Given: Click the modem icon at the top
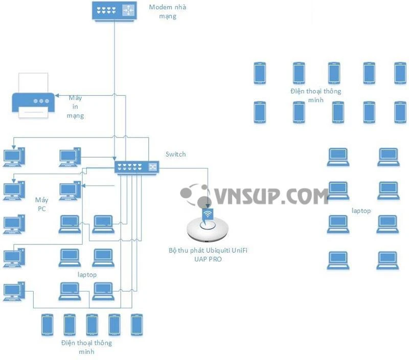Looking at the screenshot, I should point(114,11).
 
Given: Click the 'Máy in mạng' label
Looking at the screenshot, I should point(75,106).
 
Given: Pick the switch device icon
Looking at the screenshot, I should point(137,167).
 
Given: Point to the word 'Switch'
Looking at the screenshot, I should point(176,154).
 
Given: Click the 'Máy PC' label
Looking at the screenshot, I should point(41,204).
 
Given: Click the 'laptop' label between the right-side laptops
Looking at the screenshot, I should point(361,211).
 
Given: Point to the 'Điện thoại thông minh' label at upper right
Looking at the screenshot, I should point(315,95).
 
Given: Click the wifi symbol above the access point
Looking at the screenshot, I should point(208,214).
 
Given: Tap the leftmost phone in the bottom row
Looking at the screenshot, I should point(48,324).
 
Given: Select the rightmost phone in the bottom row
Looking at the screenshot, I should point(136,324).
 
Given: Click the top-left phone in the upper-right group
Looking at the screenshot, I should point(260,73).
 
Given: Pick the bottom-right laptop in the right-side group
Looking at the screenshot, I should point(388,260).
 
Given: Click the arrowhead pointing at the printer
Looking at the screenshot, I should point(57,95).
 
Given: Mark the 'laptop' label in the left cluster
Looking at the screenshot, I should point(87,275).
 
